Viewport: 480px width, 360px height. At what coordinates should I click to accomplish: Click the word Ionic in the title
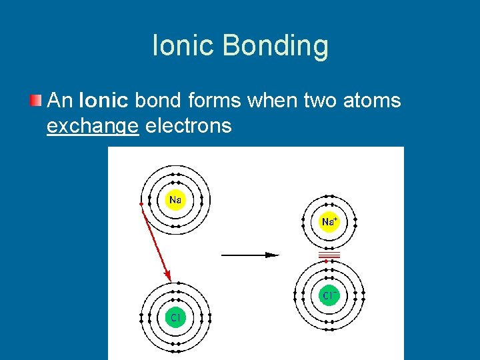(183, 46)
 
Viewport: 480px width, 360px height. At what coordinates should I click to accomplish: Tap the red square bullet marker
(35, 101)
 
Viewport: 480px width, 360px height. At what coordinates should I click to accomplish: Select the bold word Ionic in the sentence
(103, 101)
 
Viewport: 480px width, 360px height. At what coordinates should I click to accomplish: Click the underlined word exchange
(93, 125)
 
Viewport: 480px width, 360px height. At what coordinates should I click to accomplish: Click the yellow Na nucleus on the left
(175, 199)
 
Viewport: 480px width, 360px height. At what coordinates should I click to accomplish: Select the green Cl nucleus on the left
(175, 317)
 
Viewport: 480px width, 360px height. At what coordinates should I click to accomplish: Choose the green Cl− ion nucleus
(329, 295)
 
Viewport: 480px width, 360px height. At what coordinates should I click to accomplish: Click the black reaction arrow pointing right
(249, 254)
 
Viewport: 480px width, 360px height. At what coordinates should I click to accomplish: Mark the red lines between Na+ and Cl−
(329, 256)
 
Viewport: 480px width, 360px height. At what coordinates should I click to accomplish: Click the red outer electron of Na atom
(141, 203)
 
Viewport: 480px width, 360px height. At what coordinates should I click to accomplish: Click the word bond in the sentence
(155, 101)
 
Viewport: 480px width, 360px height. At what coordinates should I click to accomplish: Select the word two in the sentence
(319, 101)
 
